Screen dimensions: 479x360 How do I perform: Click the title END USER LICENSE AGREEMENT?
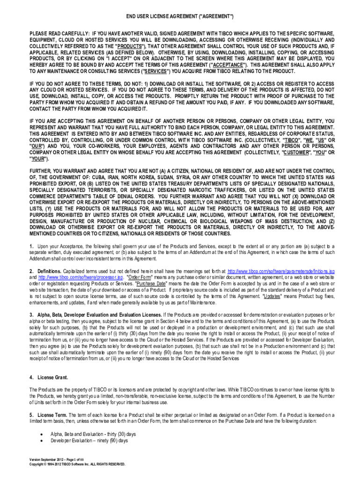180,17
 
